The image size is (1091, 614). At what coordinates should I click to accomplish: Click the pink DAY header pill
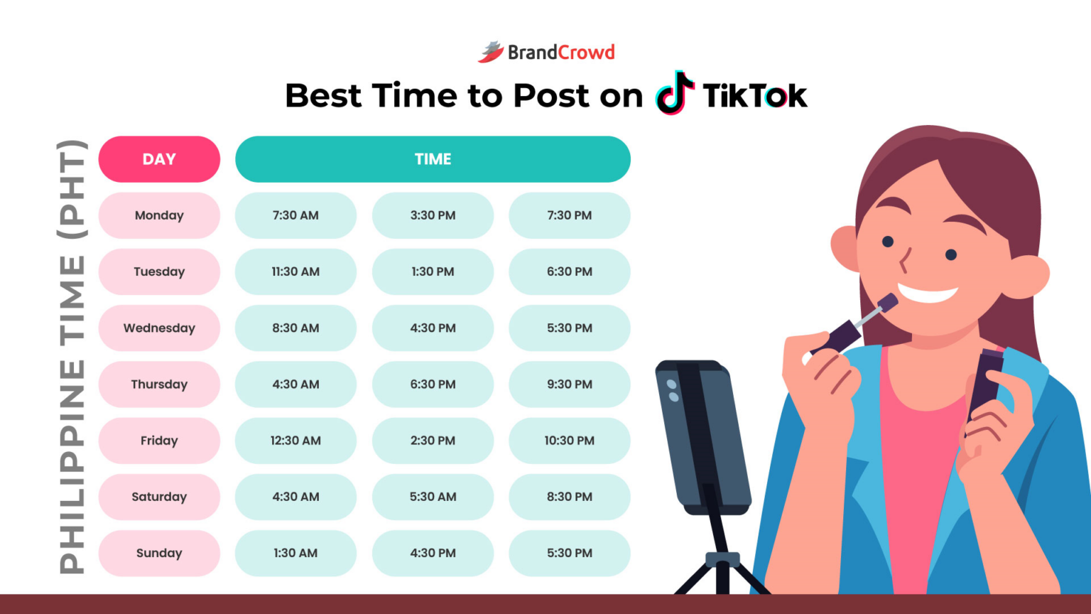(x=159, y=159)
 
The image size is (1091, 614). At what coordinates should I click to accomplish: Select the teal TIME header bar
(x=433, y=159)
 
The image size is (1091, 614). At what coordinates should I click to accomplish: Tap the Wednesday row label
(x=159, y=328)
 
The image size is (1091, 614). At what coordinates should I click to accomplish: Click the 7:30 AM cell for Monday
(x=295, y=215)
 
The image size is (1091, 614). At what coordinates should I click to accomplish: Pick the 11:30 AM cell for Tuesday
(x=295, y=271)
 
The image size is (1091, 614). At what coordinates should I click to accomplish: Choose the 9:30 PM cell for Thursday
(x=569, y=384)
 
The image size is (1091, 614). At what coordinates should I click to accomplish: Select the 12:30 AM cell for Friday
(x=295, y=441)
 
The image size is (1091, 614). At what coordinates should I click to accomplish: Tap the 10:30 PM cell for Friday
(x=569, y=441)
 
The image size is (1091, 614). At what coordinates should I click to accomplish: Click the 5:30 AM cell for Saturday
(x=433, y=497)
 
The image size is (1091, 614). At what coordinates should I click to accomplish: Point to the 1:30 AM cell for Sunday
(x=295, y=553)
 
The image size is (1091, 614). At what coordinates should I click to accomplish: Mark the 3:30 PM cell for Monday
(x=433, y=215)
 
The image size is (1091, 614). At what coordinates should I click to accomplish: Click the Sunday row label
(x=159, y=553)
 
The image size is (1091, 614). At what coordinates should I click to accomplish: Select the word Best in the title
(x=323, y=96)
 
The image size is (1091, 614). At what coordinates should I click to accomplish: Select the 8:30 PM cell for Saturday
(x=569, y=497)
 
